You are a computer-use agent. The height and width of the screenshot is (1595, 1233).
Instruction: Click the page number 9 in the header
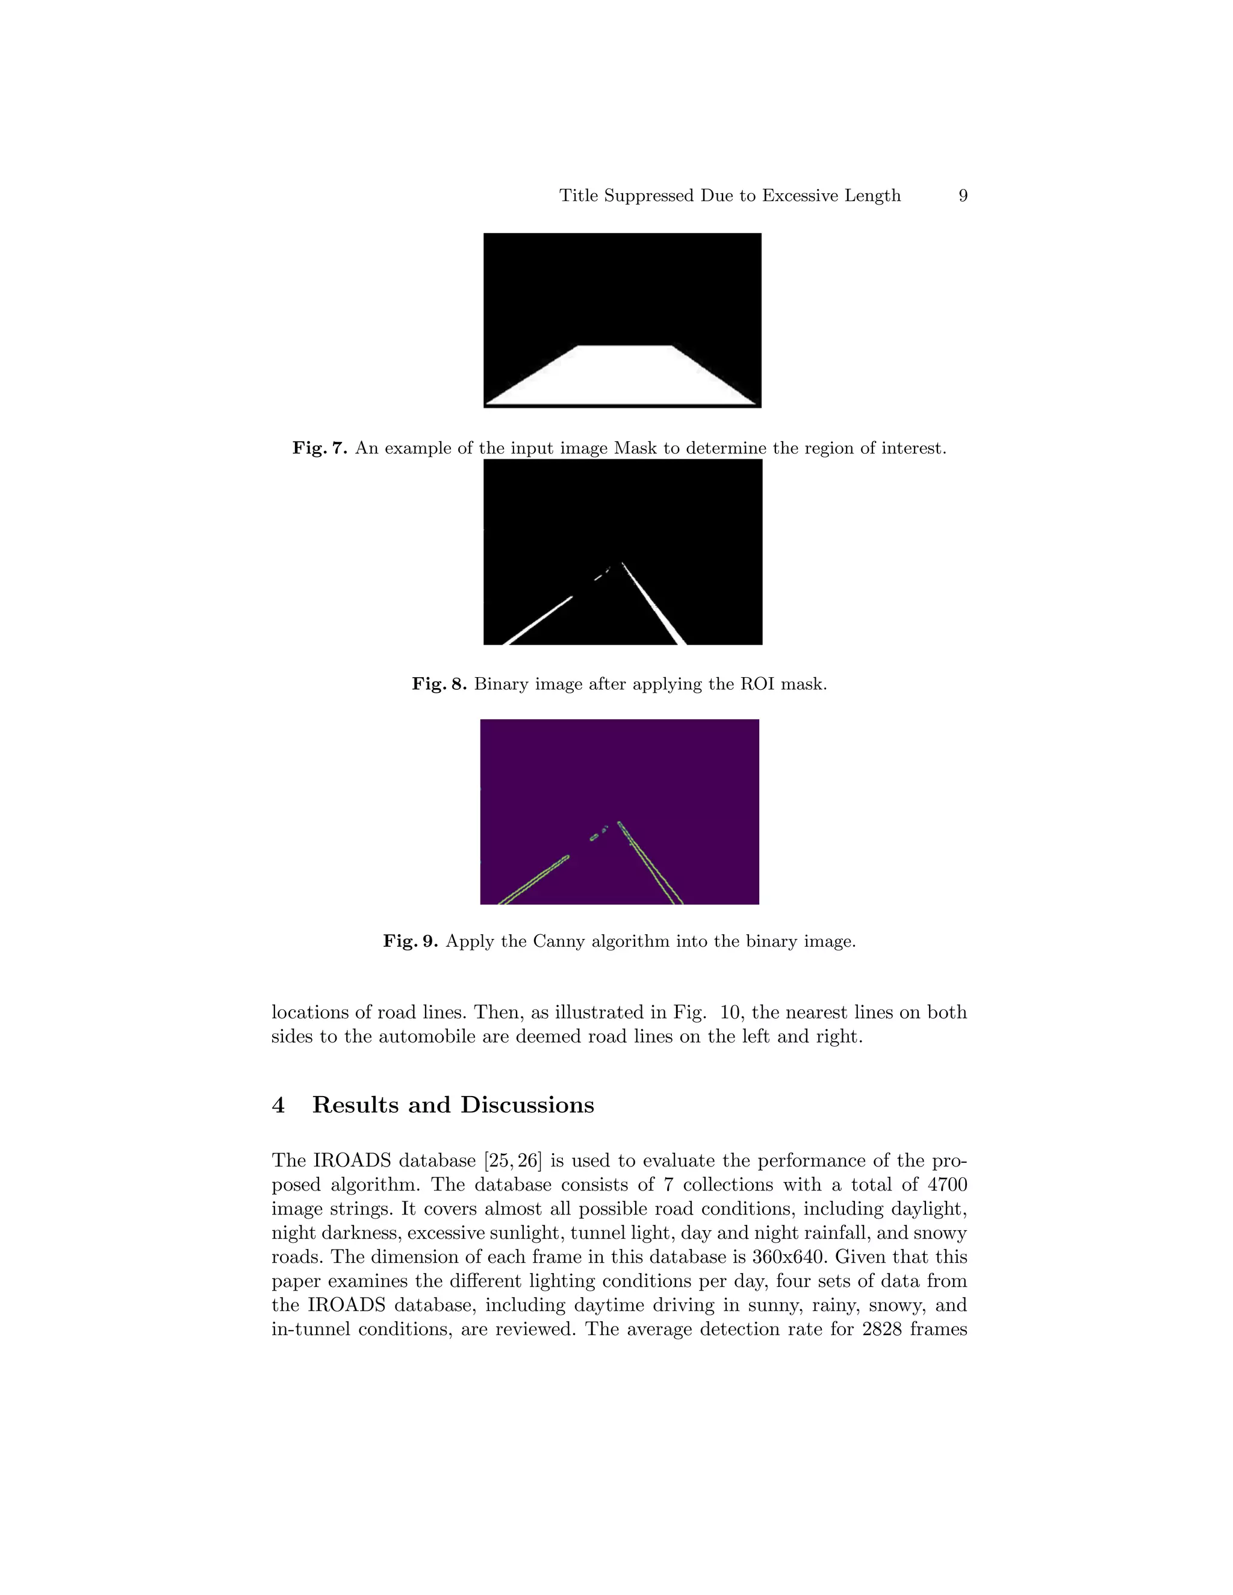(x=963, y=196)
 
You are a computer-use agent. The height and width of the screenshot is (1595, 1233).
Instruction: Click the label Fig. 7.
(x=320, y=448)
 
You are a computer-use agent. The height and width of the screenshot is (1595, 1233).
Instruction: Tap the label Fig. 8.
(x=439, y=684)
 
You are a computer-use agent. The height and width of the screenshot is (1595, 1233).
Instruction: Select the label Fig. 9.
(x=411, y=941)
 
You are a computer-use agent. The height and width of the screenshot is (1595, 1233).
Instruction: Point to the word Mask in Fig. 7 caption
(x=636, y=448)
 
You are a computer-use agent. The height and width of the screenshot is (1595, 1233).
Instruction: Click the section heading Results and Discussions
(x=453, y=1104)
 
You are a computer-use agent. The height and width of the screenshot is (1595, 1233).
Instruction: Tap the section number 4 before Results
(x=278, y=1104)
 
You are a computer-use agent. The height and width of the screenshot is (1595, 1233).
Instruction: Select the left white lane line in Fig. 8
(x=539, y=620)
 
